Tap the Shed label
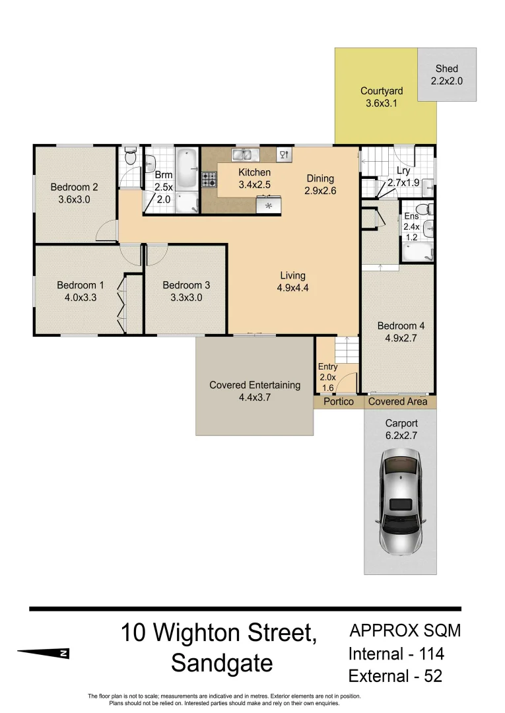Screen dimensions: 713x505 click(446, 69)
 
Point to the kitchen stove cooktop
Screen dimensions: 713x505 click(209, 179)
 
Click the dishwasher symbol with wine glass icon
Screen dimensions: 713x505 click(285, 154)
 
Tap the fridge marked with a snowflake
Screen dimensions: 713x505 click(269, 205)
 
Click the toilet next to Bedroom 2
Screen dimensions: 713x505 click(130, 158)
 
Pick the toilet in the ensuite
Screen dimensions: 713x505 click(429, 211)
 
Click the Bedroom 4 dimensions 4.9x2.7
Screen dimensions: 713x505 click(396, 339)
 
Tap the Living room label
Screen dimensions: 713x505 click(292, 275)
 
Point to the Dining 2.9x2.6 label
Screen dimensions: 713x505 click(320, 185)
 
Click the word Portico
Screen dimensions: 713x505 click(337, 401)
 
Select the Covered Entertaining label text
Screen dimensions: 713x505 click(254, 385)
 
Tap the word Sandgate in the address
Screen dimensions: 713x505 click(222, 663)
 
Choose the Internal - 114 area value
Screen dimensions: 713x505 click(396, 654)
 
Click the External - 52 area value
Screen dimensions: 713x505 click(395, 676)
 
